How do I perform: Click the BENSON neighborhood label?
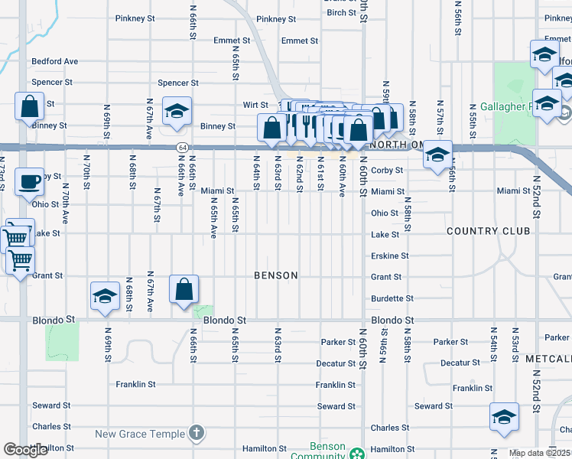pos(276,275)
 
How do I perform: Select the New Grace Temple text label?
pos(140,434)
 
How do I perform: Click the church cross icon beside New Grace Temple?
pos(197,434)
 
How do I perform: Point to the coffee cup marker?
pos(29,182)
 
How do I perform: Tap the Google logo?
pos(26,450)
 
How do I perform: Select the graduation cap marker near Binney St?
pos(177,111)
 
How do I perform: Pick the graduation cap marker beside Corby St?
pos(437,155)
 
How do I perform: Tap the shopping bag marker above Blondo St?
pos(184,290)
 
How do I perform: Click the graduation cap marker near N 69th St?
pos(105,297)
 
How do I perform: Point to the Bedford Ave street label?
pos(54,61)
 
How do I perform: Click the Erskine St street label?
pos(390,256)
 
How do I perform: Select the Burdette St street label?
pos(392,298)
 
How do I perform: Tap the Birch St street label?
pos(341,13)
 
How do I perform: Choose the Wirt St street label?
pos(255,105)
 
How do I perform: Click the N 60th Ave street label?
pos(342,181)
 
